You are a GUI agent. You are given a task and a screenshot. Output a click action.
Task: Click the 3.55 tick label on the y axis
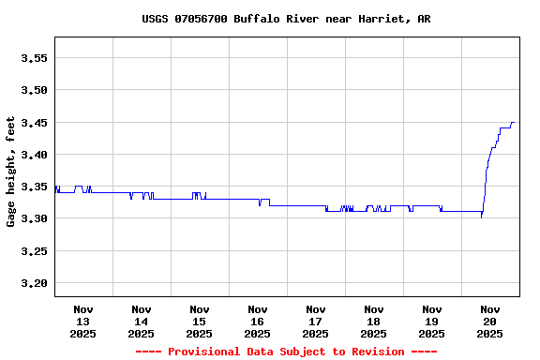[34, 58]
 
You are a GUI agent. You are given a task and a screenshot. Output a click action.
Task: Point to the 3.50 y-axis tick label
[34, 90]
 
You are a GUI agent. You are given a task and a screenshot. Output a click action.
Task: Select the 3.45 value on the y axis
[34, 123]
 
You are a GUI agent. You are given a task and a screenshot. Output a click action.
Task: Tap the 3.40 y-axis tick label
[34, 155]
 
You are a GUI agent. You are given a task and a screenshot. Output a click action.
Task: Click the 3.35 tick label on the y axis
[34, 187]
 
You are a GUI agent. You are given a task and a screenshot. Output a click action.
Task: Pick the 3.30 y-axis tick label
[34, 218]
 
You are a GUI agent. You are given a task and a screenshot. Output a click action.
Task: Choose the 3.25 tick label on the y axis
[34, 251]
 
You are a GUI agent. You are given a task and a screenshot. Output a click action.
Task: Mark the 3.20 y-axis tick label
[34, 283]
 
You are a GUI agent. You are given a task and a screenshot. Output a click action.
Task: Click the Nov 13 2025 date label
[83, 321]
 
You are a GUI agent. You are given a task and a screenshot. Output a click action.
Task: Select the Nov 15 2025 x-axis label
[200, 321]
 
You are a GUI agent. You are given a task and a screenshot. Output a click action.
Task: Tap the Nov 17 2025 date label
[316, 321]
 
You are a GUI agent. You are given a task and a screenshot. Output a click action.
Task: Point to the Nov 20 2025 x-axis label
[490, 321]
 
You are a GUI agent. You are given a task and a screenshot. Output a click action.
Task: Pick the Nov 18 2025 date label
[374, 321]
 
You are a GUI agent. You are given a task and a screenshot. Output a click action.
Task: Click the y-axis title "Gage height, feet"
[11, 172]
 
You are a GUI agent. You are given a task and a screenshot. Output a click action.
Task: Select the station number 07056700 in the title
[200, 19]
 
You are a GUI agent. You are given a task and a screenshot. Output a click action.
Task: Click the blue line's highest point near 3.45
[512, 122]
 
